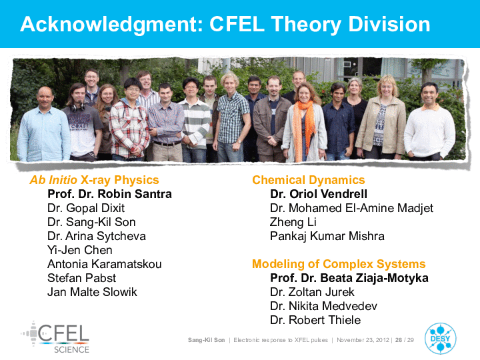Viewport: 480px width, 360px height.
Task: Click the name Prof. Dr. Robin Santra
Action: (109, 194)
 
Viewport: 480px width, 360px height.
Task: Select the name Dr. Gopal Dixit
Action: (86, 208)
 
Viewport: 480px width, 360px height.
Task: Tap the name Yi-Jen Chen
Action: (80, 250)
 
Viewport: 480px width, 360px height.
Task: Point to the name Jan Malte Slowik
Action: (92, 292)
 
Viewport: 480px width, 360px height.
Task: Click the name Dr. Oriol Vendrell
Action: (319, 194)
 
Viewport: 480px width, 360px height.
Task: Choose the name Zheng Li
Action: (293, 222)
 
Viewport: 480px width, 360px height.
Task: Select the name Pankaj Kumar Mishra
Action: (327, 236)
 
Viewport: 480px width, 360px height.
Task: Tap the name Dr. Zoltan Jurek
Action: (312, 292)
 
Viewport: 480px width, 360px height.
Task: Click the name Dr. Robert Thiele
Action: (315, 320)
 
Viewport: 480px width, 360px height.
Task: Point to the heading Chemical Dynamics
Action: (309, 180)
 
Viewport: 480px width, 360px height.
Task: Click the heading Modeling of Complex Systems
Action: (339, 264)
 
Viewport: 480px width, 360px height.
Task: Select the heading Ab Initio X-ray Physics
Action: (94, 180)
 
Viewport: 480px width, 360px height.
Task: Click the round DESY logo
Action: (441, 338)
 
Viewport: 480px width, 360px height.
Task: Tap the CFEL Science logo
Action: (55, 337)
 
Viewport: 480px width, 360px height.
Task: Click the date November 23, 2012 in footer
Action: (363, 340)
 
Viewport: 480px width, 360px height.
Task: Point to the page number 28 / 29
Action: (405, 340)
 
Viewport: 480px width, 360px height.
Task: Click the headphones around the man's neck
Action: (78, 107)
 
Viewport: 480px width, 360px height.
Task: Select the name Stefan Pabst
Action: (82, 278)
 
